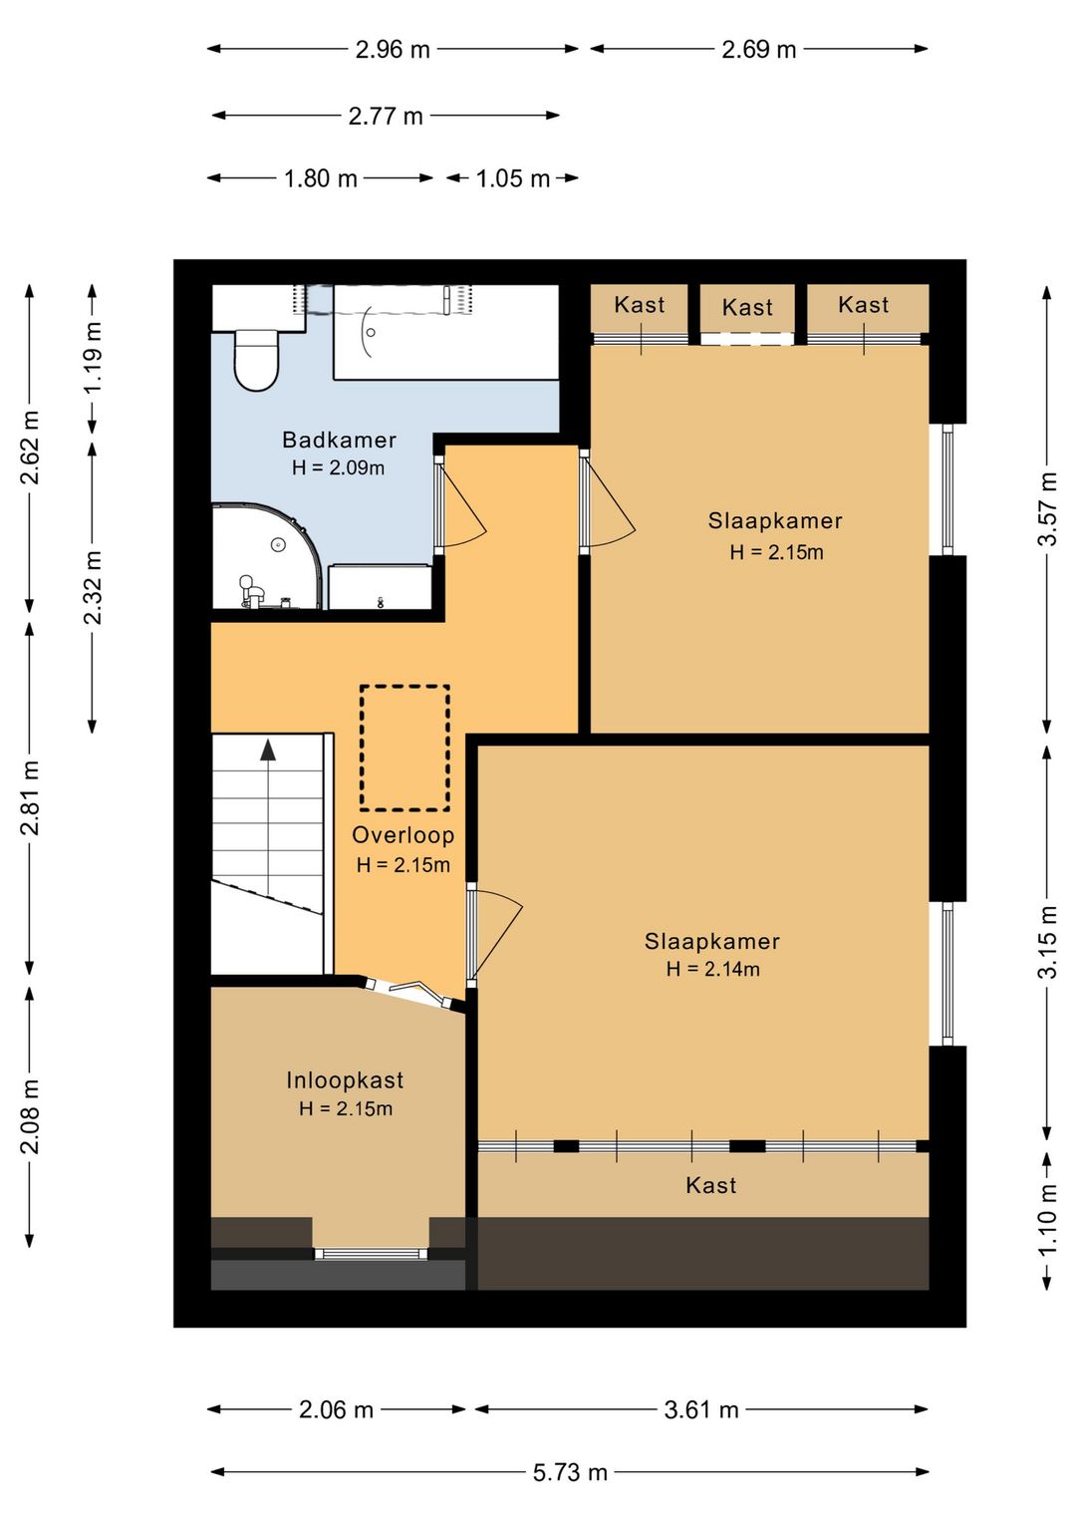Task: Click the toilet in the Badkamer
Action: point(256,360)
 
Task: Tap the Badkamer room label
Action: point(339,440)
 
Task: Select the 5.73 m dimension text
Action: point(570,1473)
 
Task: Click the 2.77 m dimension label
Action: point(386,116)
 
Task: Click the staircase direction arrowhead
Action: point(269,750)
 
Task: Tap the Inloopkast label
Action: point(345,1079)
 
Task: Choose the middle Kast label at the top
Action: point(747,308)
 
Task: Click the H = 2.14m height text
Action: point(712,969)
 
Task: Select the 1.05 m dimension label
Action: point(512,178)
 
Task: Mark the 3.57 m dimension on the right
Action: point(1047,508)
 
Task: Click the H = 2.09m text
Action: point(338,467)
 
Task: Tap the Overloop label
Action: point(403,835)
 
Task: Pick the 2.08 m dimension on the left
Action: point(30,1116)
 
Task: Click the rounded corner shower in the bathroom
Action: point(266,555)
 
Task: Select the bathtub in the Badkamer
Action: point(445,331)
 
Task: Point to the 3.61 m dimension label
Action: point(701,1410)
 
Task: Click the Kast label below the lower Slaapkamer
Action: point(710,1185)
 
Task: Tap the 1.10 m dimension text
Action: point(1047,1220)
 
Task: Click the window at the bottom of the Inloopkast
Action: point(371,1254)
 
